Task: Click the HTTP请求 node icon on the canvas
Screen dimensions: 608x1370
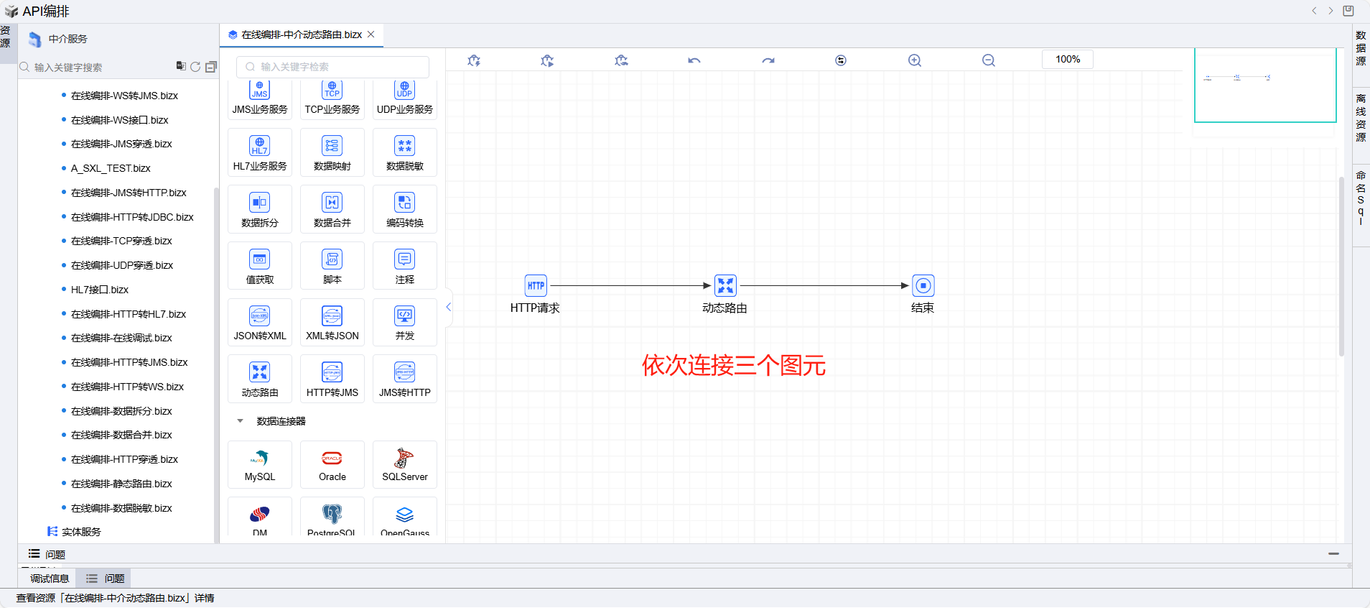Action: (x=536, y=285)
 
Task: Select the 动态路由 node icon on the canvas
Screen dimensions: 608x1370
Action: (x=725, y=285)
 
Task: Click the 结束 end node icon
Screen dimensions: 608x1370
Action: (x=923, y=285)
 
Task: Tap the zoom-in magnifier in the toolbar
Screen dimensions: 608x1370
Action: (x=914, y=60)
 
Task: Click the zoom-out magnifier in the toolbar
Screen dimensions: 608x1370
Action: (x=989, y=60)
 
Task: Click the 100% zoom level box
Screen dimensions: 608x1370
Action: (x=1067, y=59)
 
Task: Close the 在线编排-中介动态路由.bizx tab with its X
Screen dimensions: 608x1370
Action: (x=371, y=34)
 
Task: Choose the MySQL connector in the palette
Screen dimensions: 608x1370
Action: (x=260, y=464)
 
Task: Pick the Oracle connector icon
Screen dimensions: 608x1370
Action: (x=332, y=464)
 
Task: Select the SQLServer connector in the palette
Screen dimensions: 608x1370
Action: (x=405, y=464)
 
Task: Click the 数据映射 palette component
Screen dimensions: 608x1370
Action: (x=332, y=152)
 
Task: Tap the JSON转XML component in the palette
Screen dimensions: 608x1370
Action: (x=260, y=322)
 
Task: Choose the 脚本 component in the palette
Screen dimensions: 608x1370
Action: (x=332, y=265)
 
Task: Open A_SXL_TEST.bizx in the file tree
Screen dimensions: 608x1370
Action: (x=111, y=168)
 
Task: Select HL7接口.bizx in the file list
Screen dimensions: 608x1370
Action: (x=100, y=290)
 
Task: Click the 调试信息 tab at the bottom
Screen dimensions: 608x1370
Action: (x=50, y=579)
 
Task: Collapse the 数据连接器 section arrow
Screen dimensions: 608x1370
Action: (x=240, y=421)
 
